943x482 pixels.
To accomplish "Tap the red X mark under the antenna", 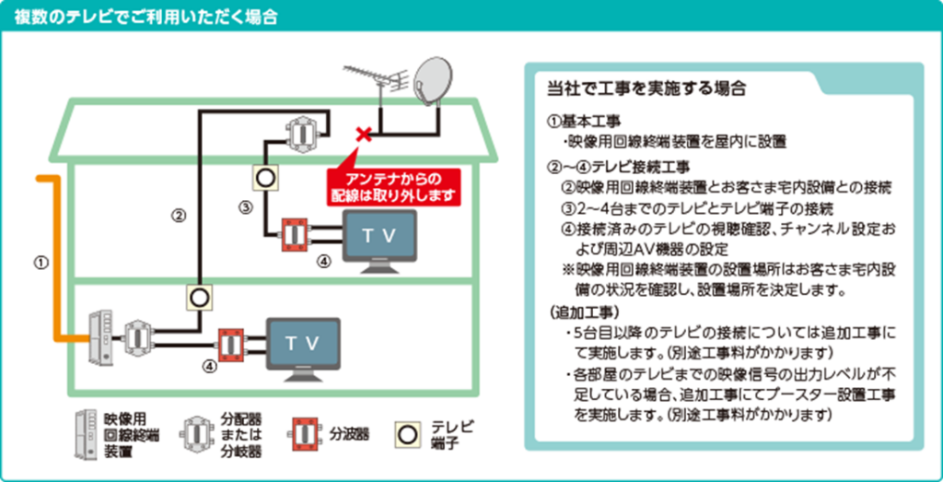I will pyautogui.click(x=364, y=135).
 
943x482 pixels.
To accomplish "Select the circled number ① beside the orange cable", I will pyautogui.click(x=40, y=263).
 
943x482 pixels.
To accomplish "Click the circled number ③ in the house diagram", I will pyautogui.click(x=246, y=208).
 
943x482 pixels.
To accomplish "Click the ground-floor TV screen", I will pyautogui.click(x=303, y=343).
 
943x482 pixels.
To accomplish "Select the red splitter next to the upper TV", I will pyautogui.click(x=295, y=234).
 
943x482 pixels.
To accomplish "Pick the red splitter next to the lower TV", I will pyautogui.click(x=231, y=343).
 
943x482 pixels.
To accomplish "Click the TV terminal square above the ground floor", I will pyautogui.click(x=199, y=297).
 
